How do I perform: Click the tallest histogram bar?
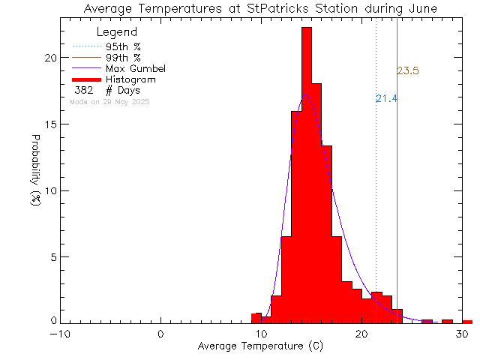coord(306,172)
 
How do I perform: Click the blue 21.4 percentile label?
coord(386,98)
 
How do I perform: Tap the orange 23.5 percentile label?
coord(407,71)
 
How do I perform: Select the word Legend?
coord(117,32)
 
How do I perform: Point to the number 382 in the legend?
coord(84,90)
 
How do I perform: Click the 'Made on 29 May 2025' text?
coord(109,101)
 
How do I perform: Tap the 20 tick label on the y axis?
coord(49,58)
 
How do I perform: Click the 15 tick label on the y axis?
coord(49,124)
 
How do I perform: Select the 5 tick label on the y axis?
coord(52,256)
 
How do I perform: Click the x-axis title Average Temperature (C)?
coord(260,347)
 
